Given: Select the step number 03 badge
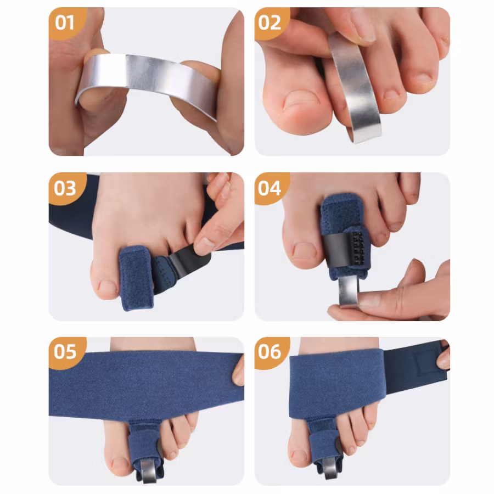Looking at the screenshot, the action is [67, 188].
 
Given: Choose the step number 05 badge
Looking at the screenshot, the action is [67, 352].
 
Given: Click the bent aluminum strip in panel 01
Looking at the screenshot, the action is [148, 78].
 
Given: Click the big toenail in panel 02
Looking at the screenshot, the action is [301, 100].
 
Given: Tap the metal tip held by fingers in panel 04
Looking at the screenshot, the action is [349, 291].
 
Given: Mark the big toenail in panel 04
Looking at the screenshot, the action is [304, 251].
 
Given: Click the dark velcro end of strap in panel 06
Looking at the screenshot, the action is [416, 367].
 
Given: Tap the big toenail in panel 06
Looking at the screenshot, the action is [299, 456].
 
